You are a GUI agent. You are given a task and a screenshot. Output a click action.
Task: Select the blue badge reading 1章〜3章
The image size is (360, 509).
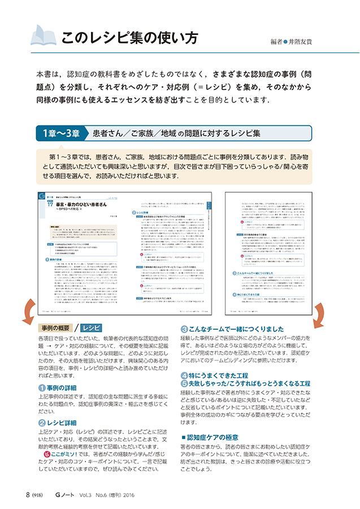click(x=59, y=133)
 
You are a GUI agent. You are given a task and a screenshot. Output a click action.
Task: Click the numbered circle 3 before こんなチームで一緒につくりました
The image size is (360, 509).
click(x=185, y=328)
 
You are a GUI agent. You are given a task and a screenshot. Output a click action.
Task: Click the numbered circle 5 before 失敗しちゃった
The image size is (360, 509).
click(x=185, y=384)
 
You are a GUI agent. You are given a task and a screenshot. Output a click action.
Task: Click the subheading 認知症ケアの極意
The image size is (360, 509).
click(x=212, y=437)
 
